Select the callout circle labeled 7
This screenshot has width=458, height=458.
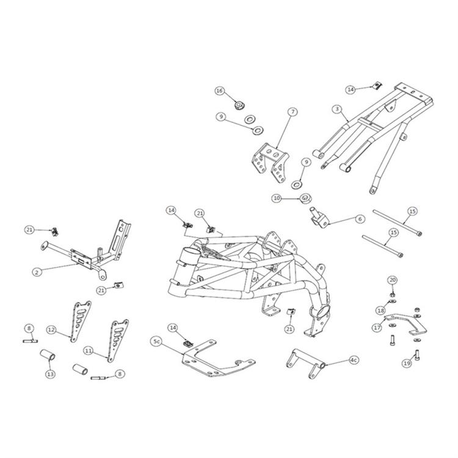(293, 112)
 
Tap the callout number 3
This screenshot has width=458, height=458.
(336, 109)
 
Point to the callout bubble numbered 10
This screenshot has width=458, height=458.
(277, 198)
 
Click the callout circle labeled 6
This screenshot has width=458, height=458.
(360, 219)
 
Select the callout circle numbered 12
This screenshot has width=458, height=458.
(51, 330)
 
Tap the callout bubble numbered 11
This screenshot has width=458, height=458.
(88, 351)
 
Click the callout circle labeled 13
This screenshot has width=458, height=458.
(49, 373)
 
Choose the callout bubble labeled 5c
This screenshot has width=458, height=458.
(157, 343)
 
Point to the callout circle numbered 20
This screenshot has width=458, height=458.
(392, 280)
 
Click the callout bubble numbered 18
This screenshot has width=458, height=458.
(380, 311)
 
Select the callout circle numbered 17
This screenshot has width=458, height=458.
(377, 328)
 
